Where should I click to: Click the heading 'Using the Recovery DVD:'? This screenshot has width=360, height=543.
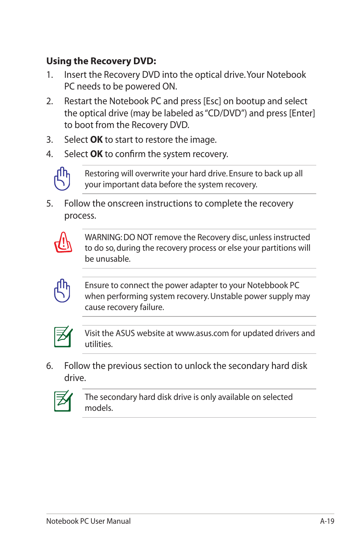(x=101, y=61)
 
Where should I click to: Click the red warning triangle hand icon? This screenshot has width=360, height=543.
(x=63, y=242)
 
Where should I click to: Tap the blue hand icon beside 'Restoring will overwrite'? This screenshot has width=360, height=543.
(x=62, y=179)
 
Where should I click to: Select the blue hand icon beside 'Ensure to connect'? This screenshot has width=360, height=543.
(x=62, y=290)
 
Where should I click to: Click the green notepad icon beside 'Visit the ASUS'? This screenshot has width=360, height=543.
(x=63, y=336)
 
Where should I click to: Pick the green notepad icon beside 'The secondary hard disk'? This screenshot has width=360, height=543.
(x=63, y=401)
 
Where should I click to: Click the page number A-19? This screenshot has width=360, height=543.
(x=327, y=521)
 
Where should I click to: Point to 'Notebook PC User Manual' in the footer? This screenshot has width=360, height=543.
(x=88, y=521)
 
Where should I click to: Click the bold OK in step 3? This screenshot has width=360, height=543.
(x=97, y=140)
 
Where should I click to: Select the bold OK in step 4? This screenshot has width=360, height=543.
(x=97, y=154)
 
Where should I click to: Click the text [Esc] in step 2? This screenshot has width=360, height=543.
(x=212, y=101)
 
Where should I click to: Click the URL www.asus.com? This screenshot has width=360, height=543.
(x=202, y=333)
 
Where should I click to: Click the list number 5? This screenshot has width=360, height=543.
(x=49, y=204)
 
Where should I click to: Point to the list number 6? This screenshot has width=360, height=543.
(x=49, y=366)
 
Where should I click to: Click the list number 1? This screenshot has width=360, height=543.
(x=49, y=75)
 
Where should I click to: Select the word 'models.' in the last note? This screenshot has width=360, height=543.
(x=99, y=408)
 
